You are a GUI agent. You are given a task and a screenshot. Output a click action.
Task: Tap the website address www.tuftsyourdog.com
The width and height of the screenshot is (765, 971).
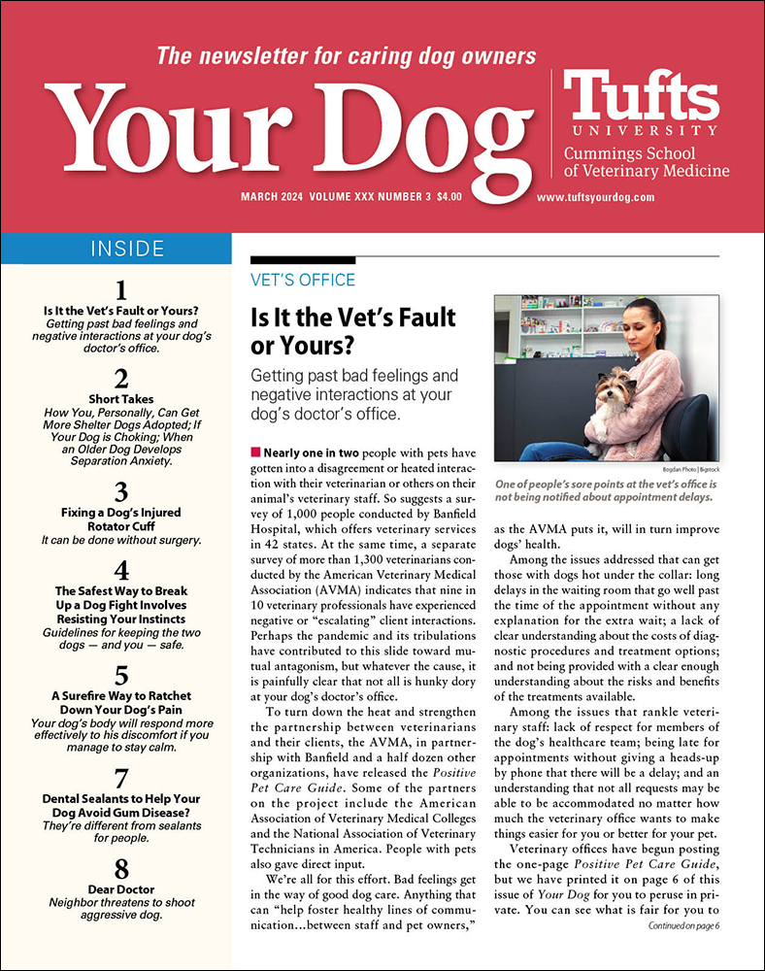[595, 196]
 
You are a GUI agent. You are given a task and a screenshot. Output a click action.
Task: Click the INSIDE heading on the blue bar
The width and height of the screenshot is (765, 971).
[127, 249]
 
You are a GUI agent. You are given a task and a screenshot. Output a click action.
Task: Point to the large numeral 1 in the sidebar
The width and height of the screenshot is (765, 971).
[121, 290]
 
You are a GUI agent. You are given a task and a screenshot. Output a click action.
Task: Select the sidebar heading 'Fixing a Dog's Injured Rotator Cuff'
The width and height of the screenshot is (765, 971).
[121, 520]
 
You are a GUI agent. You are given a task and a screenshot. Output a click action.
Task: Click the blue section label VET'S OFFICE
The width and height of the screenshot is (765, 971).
[303, 280]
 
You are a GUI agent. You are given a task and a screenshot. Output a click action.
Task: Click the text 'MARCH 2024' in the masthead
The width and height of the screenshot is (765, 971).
[272, 196]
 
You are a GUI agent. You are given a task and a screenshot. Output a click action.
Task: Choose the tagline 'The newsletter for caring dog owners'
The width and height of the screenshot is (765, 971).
[347, 55]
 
